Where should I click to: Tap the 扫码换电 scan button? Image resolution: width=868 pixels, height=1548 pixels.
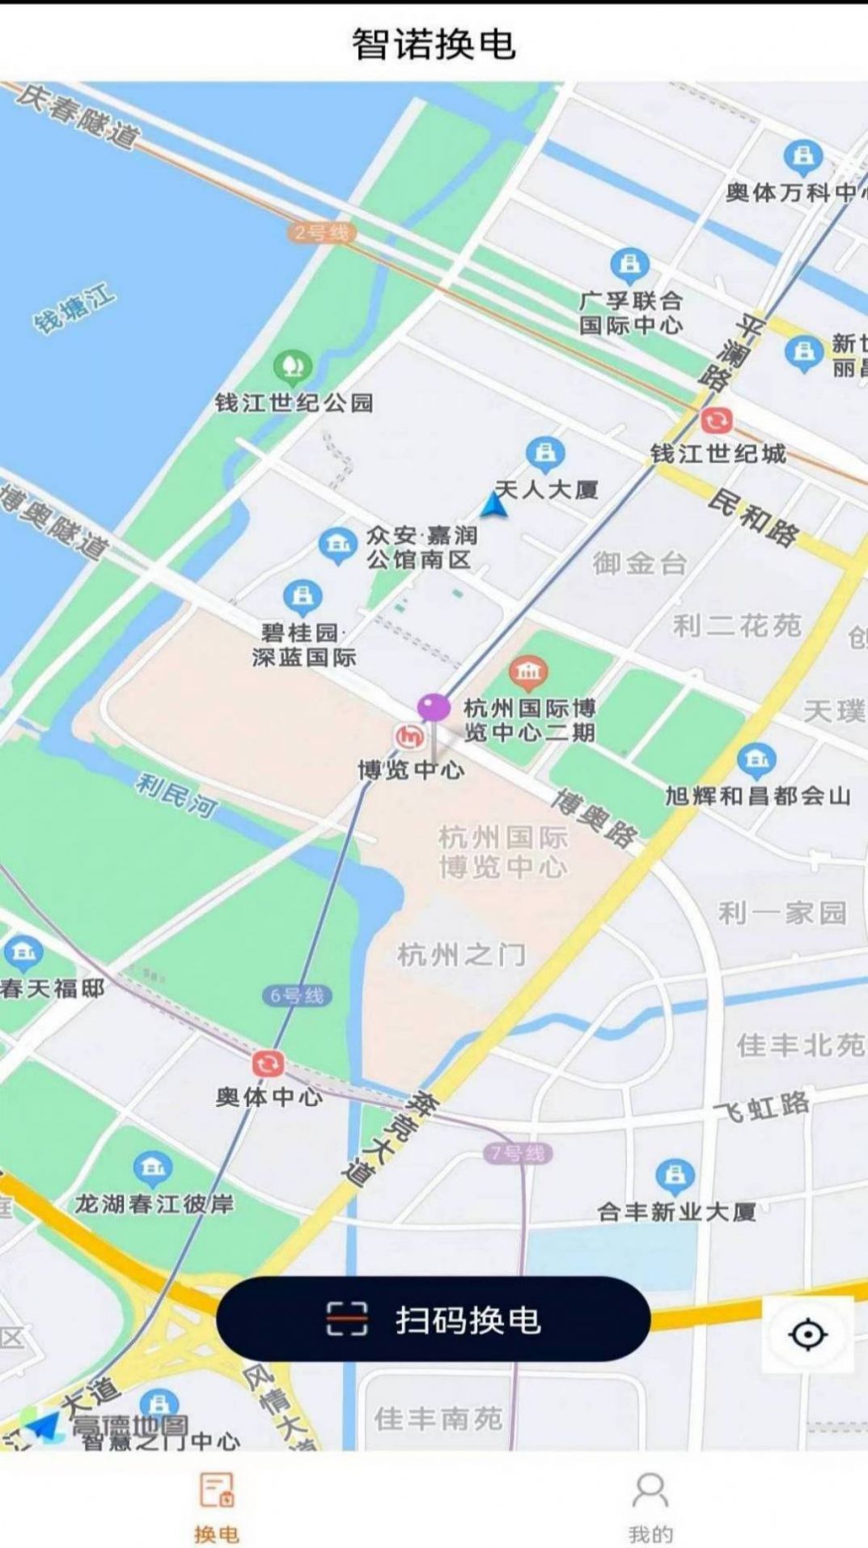click(433, 1319)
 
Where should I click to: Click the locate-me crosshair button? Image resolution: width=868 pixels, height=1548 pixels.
click(807, 1334)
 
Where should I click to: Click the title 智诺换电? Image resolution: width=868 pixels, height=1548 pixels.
click(434, 44)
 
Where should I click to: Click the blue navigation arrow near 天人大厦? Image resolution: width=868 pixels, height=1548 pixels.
click(493, 505)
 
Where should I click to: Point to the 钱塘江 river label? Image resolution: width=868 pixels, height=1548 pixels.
click(74, 309)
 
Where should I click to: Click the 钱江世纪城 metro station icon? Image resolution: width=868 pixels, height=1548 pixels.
click(716, 421)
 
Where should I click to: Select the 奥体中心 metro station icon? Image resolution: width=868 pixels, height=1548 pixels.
click(268, 1063)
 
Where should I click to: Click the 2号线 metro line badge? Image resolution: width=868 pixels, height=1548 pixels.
click(321, 233)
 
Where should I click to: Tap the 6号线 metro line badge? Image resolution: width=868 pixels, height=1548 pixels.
click(297, 995)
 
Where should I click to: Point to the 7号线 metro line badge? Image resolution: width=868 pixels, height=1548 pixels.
click(519, 1153)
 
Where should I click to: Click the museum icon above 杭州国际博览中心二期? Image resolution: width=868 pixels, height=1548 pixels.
click(528, 672)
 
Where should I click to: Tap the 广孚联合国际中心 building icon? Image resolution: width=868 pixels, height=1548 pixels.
click(629, 265)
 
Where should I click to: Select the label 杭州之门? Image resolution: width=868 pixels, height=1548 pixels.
click(461, 956)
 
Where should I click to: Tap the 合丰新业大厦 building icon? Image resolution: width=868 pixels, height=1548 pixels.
click(675, 1176)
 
